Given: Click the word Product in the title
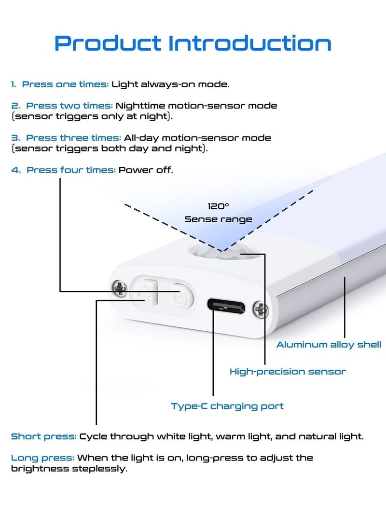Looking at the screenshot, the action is coord(108,43).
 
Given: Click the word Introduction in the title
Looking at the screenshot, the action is coord(249,43).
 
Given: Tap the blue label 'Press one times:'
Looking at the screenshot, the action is coord(66,84).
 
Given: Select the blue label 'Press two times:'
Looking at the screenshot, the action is coord(69,106).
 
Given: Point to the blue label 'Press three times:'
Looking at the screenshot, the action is coord(73,138).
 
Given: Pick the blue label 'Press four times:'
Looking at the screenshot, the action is coord(71,170).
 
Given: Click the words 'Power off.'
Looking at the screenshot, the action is coord(146,170).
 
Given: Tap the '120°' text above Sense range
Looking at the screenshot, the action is coord(218,206).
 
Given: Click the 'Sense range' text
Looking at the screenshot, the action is coord(218,219).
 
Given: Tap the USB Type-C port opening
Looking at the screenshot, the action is coord(226,306).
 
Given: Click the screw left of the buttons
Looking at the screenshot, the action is coord(119,288).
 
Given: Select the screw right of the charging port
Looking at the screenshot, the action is coord(261,310).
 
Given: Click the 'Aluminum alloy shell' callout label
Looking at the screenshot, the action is coord(329,345).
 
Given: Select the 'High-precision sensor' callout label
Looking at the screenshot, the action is coord(288,372).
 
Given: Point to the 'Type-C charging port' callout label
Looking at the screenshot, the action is coord(227,406).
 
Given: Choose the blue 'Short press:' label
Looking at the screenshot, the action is coord(44,437).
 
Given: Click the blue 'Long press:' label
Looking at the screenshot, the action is coord(42,458).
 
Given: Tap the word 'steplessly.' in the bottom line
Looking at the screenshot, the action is coord(100,469).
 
